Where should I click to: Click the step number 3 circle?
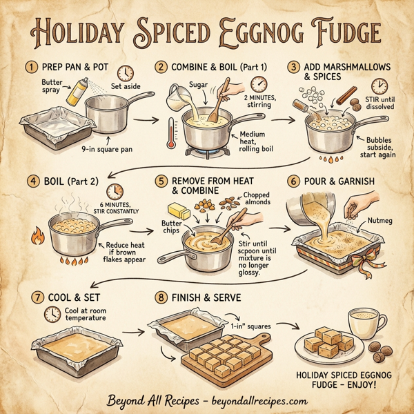coord(293,67)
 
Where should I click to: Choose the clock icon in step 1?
coord(125,72)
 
